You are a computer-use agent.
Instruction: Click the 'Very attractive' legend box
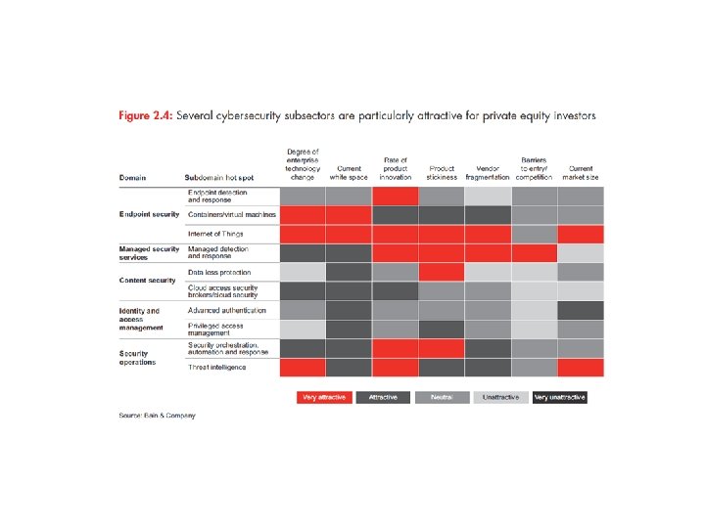click(x=324, y=397)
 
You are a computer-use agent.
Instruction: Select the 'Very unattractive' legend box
click(x=559, y=397)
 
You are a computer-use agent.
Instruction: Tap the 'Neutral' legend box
click(x=442, y=397)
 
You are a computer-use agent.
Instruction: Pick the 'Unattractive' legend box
click(x=500, y=397)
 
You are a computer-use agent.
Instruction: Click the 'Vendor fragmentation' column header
click(x=488, y=172)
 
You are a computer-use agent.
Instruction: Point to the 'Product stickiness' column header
click(x=442, y=172)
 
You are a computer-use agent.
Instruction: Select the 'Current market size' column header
click(x=580, y=172)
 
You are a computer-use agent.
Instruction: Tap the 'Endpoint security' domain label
click(x=149, y=214)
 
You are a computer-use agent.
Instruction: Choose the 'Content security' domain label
click(x=147, y=281)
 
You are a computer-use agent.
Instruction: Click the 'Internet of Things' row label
click(x=215, y=234)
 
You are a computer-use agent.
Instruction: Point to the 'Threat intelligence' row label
click(x=217, y=368)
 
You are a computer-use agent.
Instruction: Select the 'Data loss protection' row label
click(x=219, y=272)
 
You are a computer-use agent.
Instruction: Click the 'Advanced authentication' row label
click(x=227, y=310)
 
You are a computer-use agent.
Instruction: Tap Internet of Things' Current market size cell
click(x=581, y=234)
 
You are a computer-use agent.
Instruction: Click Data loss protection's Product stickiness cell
click(x=442, y=272)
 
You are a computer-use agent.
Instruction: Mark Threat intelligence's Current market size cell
click(x=581, y=368)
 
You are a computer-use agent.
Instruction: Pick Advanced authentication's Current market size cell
click(x=581, y=310)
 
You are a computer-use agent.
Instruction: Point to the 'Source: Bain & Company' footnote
click(x=157, y=416)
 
